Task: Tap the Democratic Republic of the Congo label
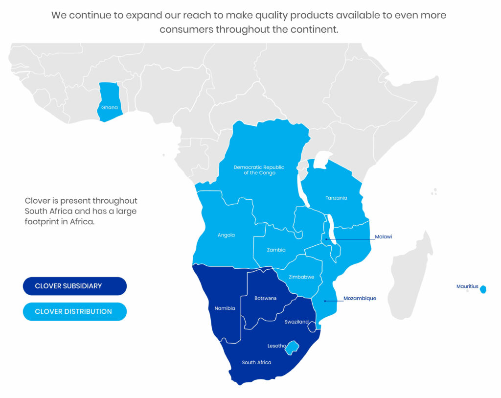click(x=259, y=170)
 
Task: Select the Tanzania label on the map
click(x=336, y=198)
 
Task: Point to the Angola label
click(x=226, y=235)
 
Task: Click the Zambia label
click(x=276, y=250)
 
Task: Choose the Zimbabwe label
click(x=301, y=277)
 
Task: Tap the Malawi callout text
click(x=384, y=237)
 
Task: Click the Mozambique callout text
click(x=360, y=298)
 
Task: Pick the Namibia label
click(x=225, y=308)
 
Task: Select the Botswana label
click(x=266, y=298)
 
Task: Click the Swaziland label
click(x=296, y=322)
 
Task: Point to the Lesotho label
click(x=276, y=346)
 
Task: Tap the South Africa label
click(x=256, y=363)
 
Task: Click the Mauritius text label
click(x=467, y=286)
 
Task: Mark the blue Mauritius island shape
click(x=483, y=289)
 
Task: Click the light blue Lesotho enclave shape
click(x=293, y=348)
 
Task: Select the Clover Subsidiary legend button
click(x=75, y=286)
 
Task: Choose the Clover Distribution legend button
click(x=75, y=311)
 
